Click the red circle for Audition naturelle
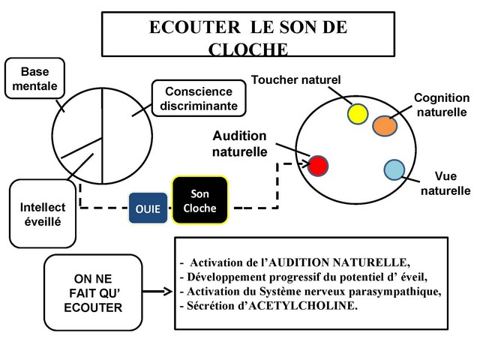(x=318, y=164)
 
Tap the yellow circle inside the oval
(x=358, y=113)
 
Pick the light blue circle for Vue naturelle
(x=394, y=169)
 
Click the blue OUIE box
(x=148, y=208)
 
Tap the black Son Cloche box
(x=199, y=200)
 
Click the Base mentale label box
(x=34, y=79)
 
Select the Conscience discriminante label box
(x=198, y=98)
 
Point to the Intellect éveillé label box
(x=43, y=214)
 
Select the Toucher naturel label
(x=295, y=79)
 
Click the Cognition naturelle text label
(x=442, y=105)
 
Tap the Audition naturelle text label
(x=239, y=143)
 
